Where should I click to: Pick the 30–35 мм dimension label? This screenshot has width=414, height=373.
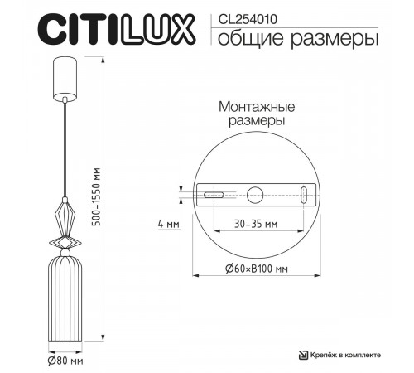pyautogui.click(x=255, y=225)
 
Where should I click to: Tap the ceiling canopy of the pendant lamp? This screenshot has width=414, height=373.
pyautogui.click(x=65, y=76)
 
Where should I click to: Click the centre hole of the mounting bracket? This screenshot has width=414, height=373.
pyautogui.click(x=255, y=195)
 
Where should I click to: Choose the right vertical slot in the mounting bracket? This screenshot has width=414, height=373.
pyautogui.click(x=306, y=196)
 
